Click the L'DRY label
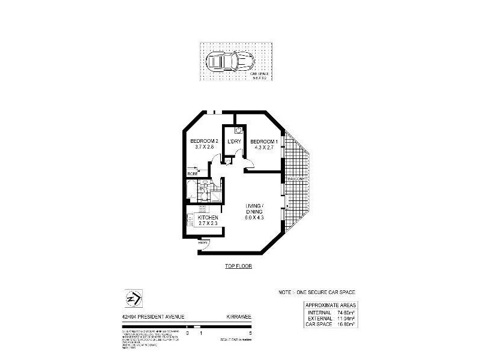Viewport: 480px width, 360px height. [x=233, y=142]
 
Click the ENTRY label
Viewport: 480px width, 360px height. [x=204, y=242]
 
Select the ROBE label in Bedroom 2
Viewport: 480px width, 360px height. [x=193, y=173]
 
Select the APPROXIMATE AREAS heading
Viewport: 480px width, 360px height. [x=330, y=305]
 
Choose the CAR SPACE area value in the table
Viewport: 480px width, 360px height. [x=344, y=324]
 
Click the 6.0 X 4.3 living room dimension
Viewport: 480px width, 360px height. [x=255, y=217]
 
